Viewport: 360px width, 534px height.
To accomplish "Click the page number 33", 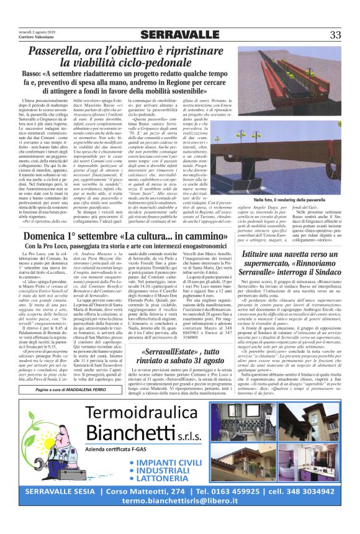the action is [x=335, y=35].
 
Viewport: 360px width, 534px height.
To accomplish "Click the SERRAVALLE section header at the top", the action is [x=179, y=34].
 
